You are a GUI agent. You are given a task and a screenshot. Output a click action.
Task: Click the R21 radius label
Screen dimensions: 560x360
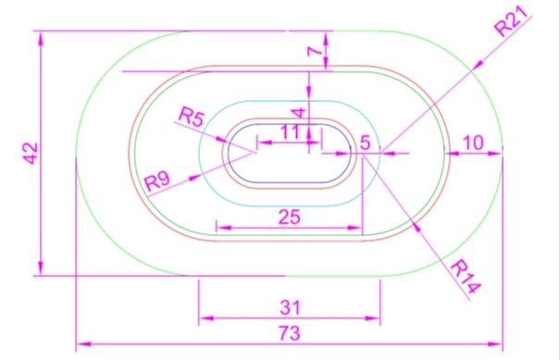(512, 21)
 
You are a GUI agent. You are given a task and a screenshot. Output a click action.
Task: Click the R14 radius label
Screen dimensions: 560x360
(466, 277)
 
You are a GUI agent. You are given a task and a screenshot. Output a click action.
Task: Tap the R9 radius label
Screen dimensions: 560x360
(157, 180)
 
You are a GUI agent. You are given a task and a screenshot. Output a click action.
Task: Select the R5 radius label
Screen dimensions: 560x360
(192, 117)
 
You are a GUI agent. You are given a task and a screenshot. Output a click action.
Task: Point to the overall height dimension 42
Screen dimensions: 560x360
(31, 154)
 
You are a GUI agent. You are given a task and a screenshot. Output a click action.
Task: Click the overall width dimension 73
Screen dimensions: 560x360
(290, 333)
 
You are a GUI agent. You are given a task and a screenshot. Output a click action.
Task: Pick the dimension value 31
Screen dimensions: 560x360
(290, 307)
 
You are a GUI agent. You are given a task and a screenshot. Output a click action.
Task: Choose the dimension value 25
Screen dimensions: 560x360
(290, 217)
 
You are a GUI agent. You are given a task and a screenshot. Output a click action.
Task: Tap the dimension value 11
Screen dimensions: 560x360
(290, 131)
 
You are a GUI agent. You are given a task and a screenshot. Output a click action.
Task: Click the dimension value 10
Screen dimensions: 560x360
(473, 143)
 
